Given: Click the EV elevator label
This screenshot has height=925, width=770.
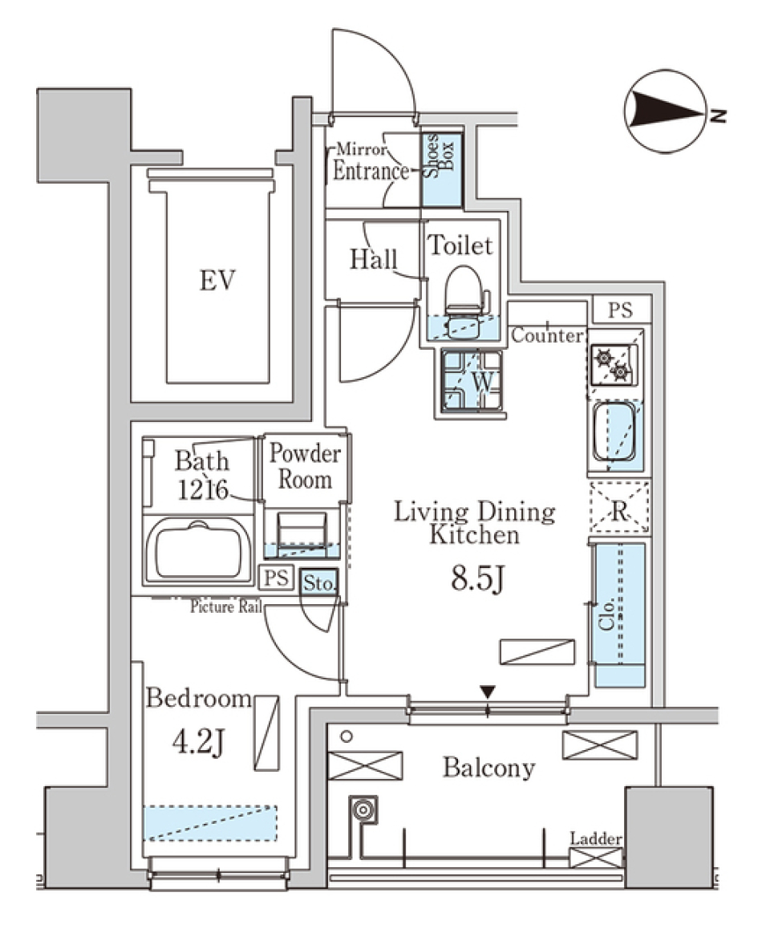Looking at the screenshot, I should pos(217,281).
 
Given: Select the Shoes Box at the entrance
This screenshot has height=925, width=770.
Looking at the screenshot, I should pos(443,170).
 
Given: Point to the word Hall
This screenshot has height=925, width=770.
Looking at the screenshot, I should pos(374,260).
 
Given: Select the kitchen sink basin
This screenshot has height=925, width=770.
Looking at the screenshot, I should pos(614,431).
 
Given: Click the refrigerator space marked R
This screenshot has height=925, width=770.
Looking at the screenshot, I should pos(618,508).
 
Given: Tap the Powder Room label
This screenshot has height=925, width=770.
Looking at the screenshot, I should pos(305,467).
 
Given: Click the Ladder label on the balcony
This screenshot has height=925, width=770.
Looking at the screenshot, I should pos(596,839).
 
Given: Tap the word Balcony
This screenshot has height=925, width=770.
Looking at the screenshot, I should pos(488,769).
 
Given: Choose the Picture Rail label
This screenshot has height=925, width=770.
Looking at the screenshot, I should pos(227,607).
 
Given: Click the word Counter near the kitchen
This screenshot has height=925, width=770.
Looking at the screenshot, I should pos(546,335).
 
